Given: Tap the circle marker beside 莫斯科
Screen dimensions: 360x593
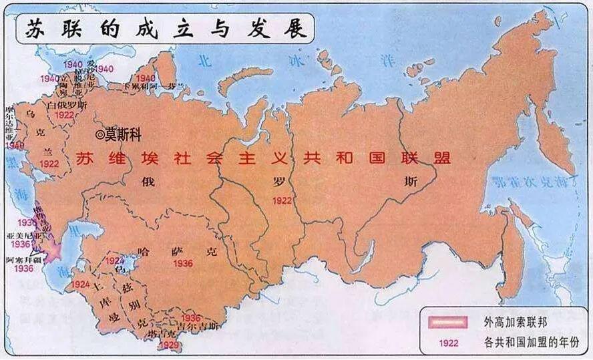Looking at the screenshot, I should point(100,134).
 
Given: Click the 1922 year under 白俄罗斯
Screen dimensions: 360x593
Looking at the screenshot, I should point(65,115).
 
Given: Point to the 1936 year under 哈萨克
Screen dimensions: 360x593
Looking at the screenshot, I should point(182,263).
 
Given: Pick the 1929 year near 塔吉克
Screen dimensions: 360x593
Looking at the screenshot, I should point(169,345).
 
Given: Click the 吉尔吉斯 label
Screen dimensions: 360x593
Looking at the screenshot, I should point(202,327).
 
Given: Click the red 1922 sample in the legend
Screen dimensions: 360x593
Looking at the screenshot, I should point(448,343).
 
